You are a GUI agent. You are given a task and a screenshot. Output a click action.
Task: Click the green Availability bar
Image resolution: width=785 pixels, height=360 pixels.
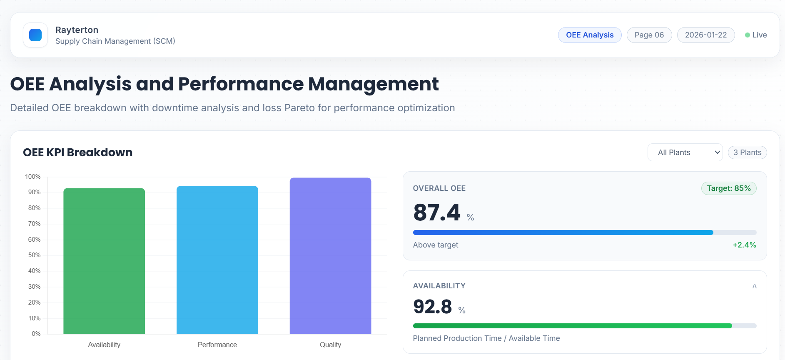pos(104,261)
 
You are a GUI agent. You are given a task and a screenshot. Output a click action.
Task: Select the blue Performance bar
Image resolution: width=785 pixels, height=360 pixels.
pos(217,260)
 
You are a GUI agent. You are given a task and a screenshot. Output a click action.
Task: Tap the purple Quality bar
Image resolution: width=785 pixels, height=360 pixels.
pos(330,256)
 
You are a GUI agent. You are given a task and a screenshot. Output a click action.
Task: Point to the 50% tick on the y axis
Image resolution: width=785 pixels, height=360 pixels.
pos(34,255)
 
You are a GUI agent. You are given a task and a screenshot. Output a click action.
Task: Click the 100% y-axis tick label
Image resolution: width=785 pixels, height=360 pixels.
pos(33,177)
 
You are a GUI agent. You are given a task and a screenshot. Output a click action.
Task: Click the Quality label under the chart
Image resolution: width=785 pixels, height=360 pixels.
pos(330,345)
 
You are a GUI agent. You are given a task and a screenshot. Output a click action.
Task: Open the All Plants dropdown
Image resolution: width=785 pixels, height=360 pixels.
pos(685,152)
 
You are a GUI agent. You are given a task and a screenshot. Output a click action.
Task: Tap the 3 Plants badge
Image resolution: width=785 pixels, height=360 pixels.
pos(747,152)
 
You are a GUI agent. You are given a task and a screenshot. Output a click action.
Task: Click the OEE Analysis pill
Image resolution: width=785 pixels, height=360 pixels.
pos(589,35)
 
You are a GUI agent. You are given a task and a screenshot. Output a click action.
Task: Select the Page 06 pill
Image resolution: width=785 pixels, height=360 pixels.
pos(649,35)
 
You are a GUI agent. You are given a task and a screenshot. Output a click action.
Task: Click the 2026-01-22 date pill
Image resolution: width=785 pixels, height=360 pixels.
pos(705,35)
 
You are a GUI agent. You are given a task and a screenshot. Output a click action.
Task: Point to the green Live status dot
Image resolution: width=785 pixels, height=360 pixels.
pos(748,35)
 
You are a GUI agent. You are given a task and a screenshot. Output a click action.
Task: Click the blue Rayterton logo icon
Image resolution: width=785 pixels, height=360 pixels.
pos(35,35)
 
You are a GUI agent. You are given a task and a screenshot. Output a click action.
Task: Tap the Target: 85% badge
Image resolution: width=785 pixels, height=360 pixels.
pos(728,188)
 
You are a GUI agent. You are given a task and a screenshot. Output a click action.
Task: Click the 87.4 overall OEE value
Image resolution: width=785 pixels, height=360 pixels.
pos(436,212)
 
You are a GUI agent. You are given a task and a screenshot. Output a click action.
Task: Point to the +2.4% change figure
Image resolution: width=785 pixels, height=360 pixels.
pos(744,245)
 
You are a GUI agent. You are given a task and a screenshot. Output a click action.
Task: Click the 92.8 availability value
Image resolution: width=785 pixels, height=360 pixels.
pos(432,307)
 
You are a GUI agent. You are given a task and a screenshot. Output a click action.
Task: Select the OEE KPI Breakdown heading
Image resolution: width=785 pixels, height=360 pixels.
pos(78,152)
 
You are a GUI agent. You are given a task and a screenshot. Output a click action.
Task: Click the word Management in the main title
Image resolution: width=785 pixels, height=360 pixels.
pos(373,84)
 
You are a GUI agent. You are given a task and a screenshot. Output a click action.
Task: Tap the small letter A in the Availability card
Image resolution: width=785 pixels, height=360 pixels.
pos(754,286)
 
